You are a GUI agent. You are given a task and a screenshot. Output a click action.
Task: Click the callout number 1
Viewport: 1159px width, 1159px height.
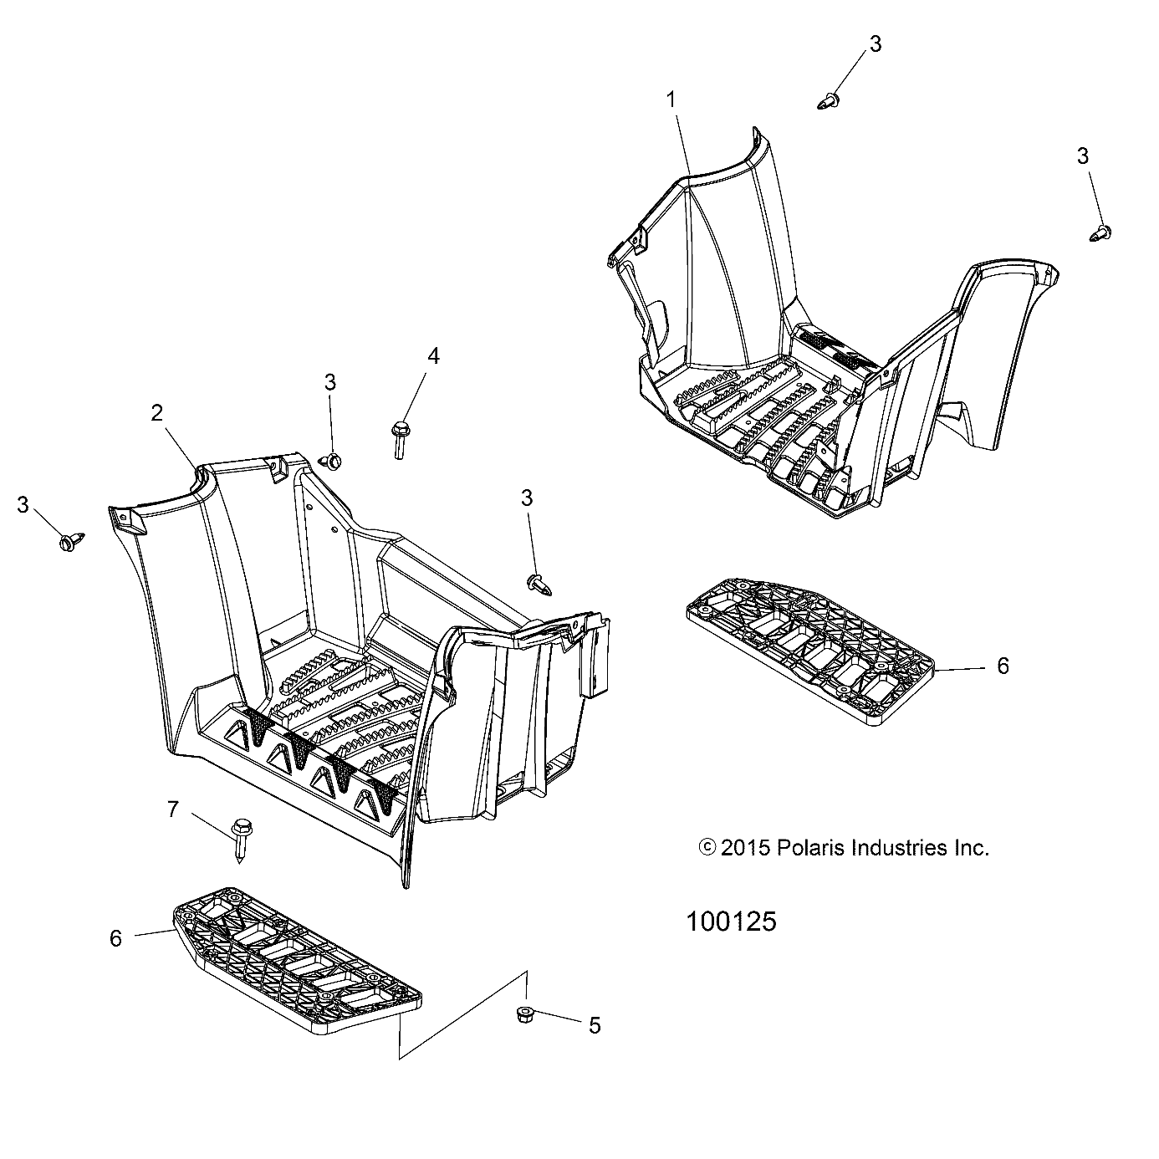(671, 100)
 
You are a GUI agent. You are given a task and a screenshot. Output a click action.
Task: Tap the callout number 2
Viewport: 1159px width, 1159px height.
(156, 412)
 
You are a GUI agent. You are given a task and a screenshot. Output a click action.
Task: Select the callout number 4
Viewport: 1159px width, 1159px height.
(433, 356)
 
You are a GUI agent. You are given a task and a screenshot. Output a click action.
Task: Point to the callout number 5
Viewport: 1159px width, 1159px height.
(595, 1025)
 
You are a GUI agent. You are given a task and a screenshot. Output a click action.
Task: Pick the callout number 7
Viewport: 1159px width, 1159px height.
(173, 809)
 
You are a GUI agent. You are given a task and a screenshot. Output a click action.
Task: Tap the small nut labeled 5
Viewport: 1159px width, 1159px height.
(527, 1015)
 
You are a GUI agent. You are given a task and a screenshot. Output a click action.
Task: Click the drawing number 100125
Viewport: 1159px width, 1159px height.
(731, 922)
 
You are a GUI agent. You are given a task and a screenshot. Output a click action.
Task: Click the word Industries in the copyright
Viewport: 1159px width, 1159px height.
(890, 848)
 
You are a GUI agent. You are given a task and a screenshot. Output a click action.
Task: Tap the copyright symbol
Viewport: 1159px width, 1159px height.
(707, 848)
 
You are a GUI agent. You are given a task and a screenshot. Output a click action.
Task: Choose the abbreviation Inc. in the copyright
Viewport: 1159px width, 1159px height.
(972, 848)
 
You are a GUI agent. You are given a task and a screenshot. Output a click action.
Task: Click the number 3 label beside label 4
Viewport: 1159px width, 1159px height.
(330, 382)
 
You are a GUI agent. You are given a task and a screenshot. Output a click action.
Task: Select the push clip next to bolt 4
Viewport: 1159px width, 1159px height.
(333, 460)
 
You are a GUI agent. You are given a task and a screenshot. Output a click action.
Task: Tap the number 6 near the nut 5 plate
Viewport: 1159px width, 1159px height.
(115, 939)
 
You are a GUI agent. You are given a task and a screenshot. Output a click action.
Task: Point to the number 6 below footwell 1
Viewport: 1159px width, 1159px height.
(1003, 666)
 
